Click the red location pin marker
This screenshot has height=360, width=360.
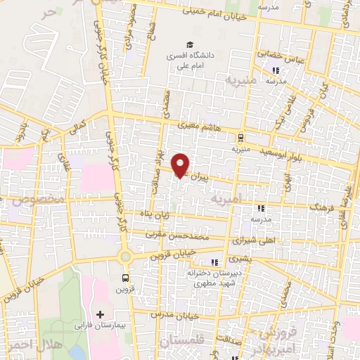tap(181, 165)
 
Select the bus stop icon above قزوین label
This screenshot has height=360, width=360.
tap(125, 278)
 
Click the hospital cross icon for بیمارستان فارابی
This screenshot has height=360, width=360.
tap(100, 313)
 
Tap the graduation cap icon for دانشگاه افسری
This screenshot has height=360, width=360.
tap(191, 43)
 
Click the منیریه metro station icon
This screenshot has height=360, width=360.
tap(241, 137)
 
